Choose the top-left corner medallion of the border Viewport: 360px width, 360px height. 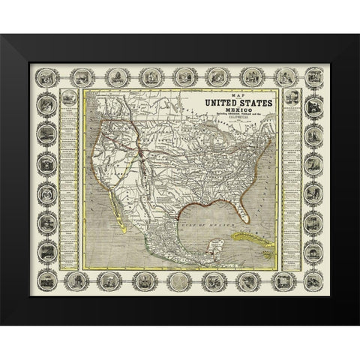(x=47, y=77)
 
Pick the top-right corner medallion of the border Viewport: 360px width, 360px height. (x=313, y=76)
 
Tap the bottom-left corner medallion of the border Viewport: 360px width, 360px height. (x=47, y=280)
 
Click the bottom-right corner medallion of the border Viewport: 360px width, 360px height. (x=313, y=280)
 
